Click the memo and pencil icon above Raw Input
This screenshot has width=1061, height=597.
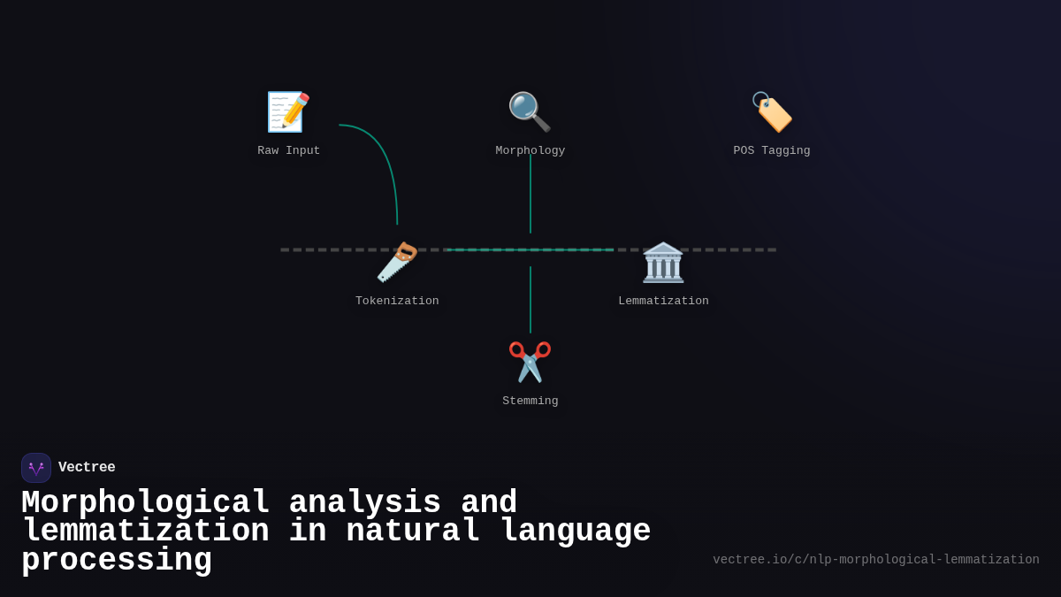click(288, 112)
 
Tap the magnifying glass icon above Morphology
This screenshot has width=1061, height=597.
click(530, 111)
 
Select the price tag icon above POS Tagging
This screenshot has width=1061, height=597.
click(772, 112)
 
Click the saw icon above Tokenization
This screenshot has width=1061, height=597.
click(397, 262)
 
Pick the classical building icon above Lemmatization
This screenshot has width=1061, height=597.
click(663, 263)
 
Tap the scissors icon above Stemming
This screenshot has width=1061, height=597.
click(530, 362)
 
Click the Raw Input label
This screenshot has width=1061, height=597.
click(289, 151)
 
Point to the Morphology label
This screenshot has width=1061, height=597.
click(530, 151)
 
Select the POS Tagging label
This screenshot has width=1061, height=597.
click(772, 151)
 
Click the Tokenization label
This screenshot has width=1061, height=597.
click(397, 302)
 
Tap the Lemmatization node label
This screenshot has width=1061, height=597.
click(663, 302)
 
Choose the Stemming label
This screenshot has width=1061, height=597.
click(530, 402)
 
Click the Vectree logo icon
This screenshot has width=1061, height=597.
click(36, 468)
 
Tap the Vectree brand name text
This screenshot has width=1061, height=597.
click(87, 468)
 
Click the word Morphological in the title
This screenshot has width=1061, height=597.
click(145, 503)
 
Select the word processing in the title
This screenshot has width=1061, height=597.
click(117, 561)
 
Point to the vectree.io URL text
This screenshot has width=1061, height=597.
click(876, 560)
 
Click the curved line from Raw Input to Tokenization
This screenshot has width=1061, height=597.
click(385, 159)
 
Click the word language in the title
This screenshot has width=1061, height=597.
click(576, 532)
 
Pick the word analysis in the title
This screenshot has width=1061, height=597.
click(364, 503)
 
